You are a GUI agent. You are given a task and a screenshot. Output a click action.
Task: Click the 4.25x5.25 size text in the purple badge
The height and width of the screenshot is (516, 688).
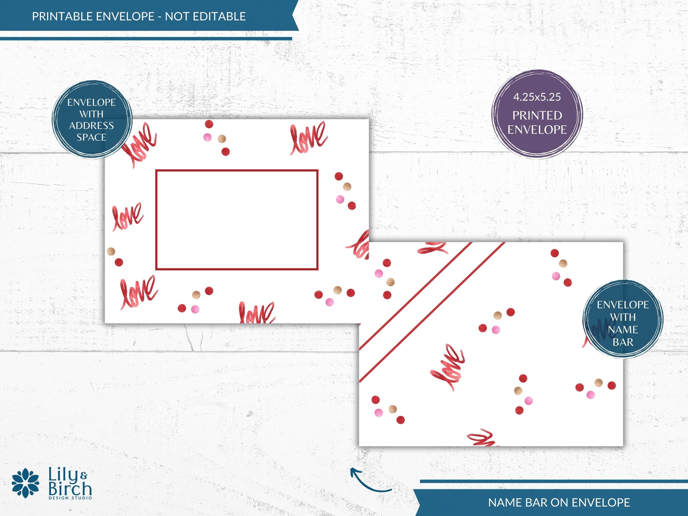pyautogui.click(x=537, y=97)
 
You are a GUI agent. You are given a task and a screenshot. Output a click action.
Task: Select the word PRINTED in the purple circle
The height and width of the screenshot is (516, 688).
pyautogui.click(x=537, y=115)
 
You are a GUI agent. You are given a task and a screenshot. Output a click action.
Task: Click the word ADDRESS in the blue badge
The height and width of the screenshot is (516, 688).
pyautogui.click(x=91, y=126)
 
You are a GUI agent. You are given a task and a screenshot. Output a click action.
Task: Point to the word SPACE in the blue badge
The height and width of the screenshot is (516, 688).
pyautogui.click(x=91, y=137)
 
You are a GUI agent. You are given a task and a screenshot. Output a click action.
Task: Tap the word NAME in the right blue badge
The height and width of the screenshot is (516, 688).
pyautogui.click(x=623, y=330)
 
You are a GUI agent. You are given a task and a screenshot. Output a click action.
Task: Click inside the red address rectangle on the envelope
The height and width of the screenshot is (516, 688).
pyautogui.click(x=237, y=220)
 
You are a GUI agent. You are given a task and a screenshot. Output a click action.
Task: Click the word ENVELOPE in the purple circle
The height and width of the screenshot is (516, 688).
pyautogui.click(x=537, y=129)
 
